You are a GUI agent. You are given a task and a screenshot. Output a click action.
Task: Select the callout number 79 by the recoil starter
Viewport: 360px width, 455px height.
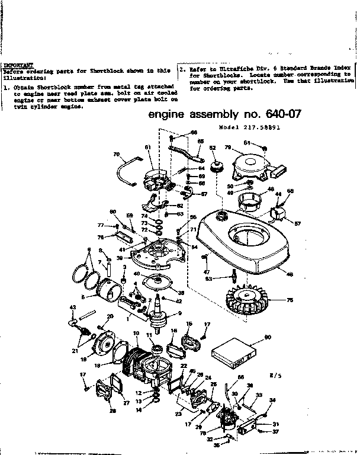pos(227,147)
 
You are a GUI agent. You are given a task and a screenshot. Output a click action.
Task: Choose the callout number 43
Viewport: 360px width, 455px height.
pos(73,307)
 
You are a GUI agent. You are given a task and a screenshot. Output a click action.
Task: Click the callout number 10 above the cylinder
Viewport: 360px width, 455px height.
pos(136,334)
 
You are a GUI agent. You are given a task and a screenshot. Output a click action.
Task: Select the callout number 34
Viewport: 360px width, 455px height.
pos(272,400)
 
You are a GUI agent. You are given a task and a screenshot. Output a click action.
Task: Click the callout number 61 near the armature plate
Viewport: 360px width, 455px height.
pos(148,147)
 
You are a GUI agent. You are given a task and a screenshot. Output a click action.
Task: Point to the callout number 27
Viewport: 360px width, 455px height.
pos(126,403)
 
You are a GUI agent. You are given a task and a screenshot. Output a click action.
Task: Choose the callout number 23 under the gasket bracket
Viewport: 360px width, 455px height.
pos(178,414)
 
